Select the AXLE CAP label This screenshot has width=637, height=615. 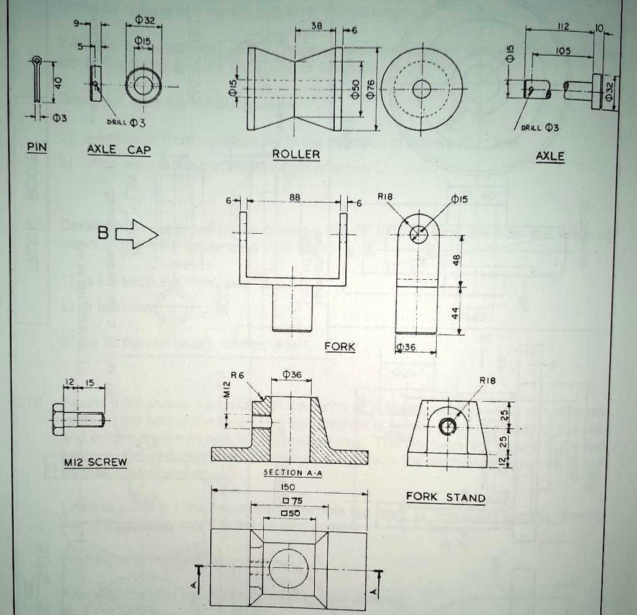[119, 150]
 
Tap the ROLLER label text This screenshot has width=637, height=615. [296, 154]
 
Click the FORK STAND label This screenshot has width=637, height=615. [445, 497]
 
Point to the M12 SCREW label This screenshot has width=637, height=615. [95, 462]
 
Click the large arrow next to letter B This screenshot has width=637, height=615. [137, 235]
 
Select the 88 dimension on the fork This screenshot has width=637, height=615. [295, 197]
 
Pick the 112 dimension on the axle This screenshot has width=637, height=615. [564, 26]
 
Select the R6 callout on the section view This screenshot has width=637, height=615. [238, 375]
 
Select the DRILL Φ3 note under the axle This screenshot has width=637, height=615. [539, 127]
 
